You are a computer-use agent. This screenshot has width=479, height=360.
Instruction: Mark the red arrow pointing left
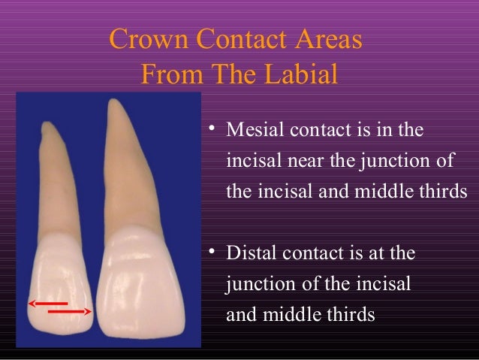pos(44,302)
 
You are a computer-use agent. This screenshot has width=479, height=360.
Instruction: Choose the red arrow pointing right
pos(71,310)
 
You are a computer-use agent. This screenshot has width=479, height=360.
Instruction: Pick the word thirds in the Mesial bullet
pos(433,191)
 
